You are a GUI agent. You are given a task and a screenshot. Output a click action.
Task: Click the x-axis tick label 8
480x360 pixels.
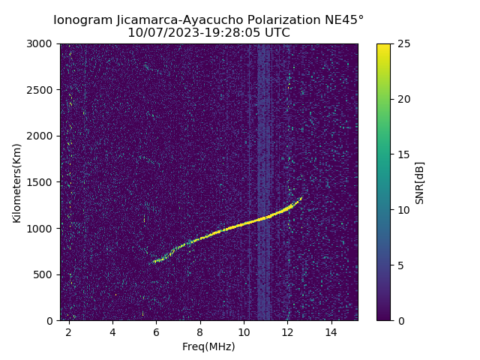point(200,331)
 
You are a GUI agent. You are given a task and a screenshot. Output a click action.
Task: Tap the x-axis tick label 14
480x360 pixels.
point(331,331)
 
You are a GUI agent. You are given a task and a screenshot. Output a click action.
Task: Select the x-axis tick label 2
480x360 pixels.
point(69,331)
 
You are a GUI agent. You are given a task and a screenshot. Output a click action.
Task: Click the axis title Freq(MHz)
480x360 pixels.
point(208,346)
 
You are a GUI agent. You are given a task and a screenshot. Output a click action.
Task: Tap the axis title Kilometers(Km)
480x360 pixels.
point(17,182)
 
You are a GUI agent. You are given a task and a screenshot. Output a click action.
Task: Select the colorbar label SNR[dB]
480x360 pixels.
point(420,182)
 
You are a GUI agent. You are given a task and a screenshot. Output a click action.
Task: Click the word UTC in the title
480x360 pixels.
point(276,33)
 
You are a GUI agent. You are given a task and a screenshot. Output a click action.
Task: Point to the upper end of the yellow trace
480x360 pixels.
point(301,197)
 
